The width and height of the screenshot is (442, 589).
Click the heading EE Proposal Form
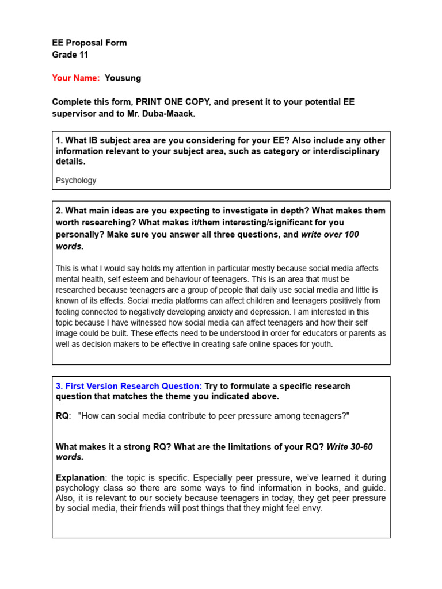[89, 43]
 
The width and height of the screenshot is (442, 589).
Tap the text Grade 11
[70, 55]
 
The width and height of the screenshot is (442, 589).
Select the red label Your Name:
[76, 78]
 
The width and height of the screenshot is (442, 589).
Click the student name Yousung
[123, 78]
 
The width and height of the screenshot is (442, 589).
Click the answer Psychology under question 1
[76, 181]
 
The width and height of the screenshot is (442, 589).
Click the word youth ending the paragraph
[321, 344]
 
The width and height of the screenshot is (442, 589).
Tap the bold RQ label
[62, 416]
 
